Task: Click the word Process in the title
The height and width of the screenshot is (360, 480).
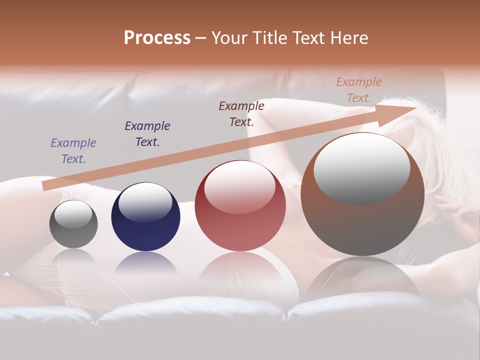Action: [157, 38]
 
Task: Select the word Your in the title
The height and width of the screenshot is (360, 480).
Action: [230, 38]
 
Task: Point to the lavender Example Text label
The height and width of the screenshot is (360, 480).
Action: [73, 151]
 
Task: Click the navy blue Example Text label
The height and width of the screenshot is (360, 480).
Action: [147, 134]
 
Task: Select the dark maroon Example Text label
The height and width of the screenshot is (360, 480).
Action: [241, 113]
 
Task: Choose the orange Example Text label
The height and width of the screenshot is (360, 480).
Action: [359, 90]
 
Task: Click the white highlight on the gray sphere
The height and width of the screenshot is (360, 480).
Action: [73, 214]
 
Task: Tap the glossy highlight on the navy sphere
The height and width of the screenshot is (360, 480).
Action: [145, 202]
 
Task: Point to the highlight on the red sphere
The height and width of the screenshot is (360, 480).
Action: [239, 187]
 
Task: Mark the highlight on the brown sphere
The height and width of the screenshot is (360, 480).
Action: [361, 168]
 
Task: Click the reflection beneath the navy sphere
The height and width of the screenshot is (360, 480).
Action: [145, 262]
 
